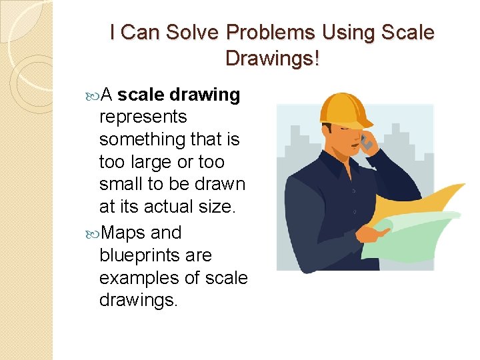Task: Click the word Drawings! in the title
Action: pos(273,58)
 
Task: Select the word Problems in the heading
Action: pos(273,32)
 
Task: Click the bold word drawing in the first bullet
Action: pos(205,95)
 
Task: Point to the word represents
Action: pos(143,117)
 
